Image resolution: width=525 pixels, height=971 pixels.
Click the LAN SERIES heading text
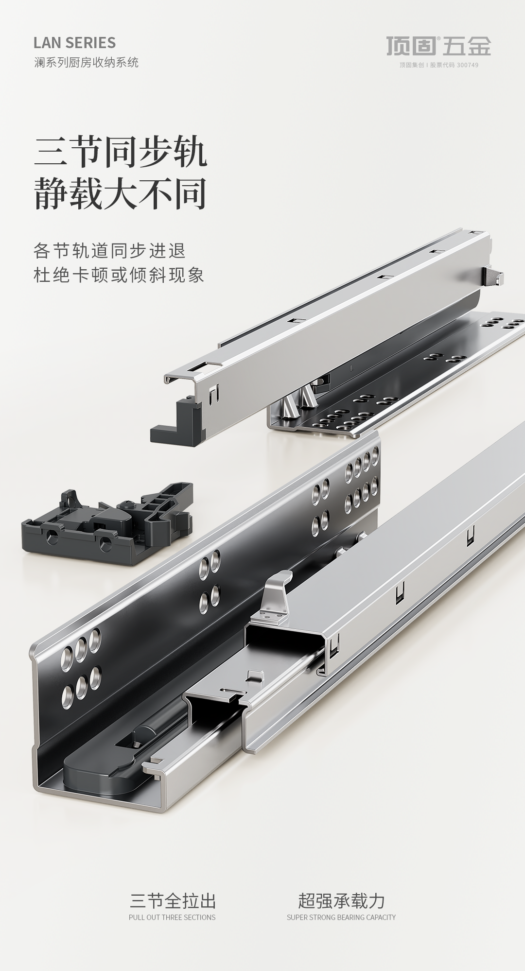tap(74, 43)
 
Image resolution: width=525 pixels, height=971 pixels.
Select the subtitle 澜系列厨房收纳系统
tap(86, 62)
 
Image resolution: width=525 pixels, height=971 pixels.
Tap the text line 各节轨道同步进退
tap(110, 251)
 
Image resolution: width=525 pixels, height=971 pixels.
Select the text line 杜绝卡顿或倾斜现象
tap(119, 275)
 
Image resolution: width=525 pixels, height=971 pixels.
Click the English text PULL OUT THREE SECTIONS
tap(172, 917)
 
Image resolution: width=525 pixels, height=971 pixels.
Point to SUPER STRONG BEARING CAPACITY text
tap(341, 917)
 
